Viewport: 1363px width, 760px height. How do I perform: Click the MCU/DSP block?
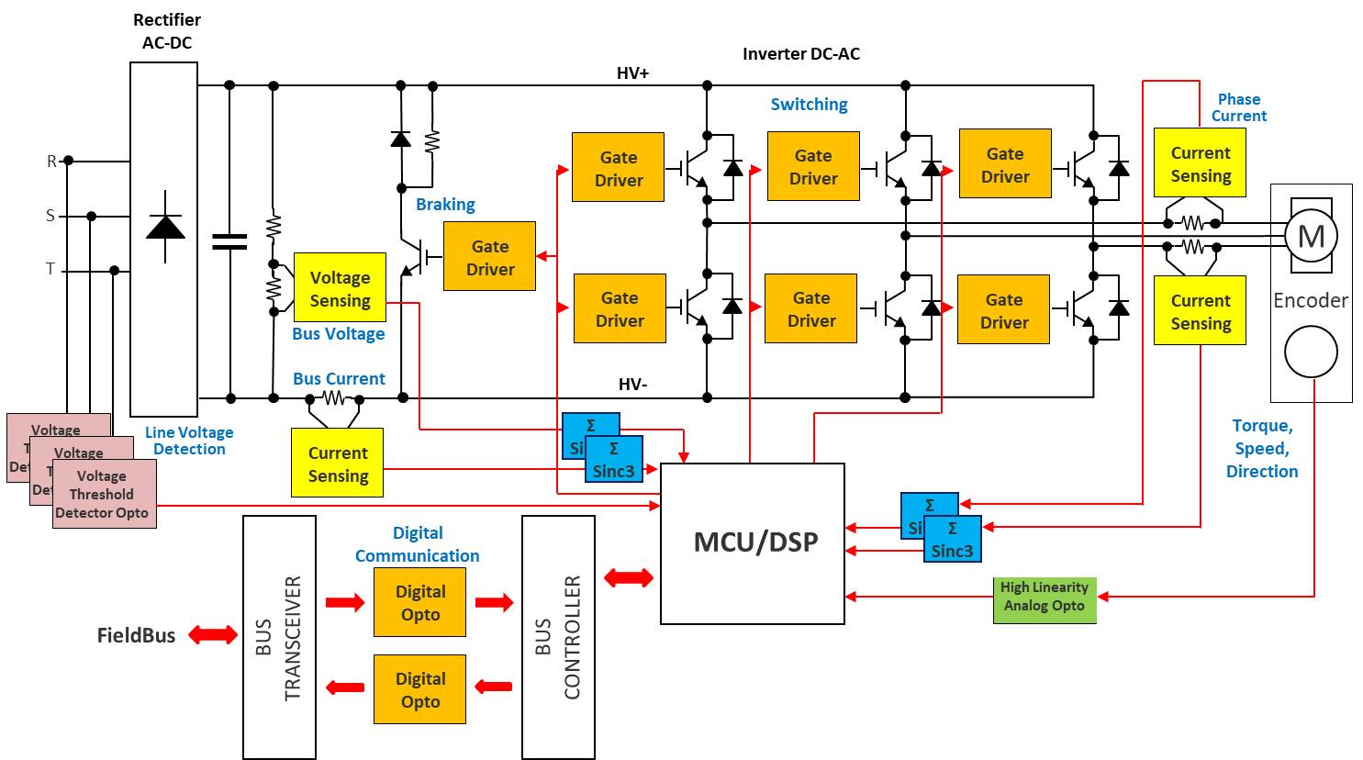coord(753,543)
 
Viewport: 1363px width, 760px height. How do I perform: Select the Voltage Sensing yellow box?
coord(340,288)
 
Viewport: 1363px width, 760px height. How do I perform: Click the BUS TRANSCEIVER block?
coord(279,637)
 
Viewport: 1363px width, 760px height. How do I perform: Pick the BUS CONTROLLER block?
coord(558,637)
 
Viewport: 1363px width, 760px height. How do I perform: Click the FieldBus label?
coord(136,635)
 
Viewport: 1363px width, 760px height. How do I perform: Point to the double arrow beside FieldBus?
coord(212,634)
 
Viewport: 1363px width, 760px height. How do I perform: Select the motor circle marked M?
coord(1311,237)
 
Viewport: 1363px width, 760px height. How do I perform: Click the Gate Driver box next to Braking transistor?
coord(489,256)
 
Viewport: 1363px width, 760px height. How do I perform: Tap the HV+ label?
coord(632,73)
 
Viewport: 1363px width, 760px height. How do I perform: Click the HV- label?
coord(632,385)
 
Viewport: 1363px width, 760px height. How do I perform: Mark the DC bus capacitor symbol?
coord(229,241)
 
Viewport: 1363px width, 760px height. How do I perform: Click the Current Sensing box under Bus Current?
coord(338,464)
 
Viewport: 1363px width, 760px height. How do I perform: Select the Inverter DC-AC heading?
coord(800,54)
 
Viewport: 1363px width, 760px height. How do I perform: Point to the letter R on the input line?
coord(51,162)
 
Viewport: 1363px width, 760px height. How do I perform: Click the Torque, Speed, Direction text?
coord(1262,449)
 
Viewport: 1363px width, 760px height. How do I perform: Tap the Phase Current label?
coord(1238,107)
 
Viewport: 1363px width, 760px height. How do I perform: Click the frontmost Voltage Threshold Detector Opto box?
coord(104,494)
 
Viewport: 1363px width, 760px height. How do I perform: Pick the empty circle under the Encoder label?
coord(1311,352)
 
